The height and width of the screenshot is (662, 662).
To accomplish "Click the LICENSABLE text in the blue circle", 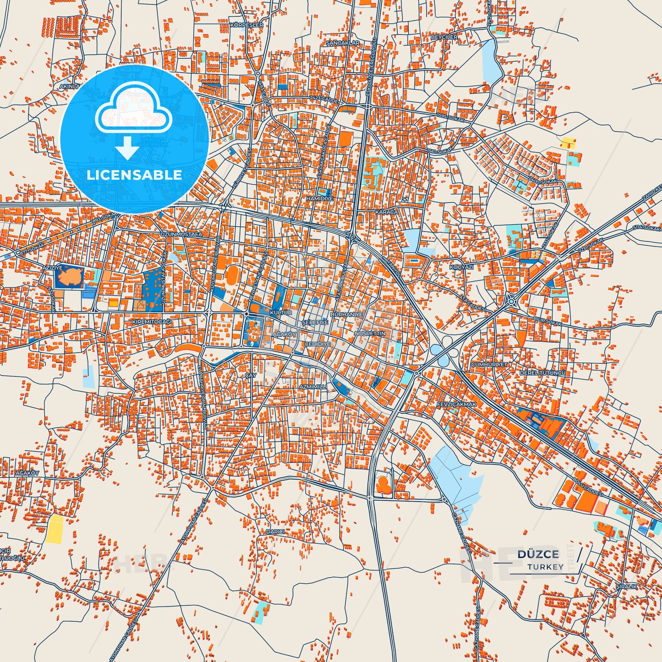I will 134,175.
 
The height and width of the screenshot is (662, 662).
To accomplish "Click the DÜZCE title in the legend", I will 538,554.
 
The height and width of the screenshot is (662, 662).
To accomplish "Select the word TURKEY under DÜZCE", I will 545,567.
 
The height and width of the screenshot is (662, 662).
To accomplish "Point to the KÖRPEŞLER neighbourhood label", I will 248,25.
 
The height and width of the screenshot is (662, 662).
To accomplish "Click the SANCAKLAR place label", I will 343,43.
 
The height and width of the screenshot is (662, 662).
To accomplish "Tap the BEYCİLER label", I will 444,37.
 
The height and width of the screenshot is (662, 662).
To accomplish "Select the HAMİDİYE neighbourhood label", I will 320,199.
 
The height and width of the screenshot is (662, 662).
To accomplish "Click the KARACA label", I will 387,212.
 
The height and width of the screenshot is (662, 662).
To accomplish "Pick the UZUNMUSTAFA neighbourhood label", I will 181,235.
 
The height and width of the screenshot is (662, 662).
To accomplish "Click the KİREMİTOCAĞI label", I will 152,322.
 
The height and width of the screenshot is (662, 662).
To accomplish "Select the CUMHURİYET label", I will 490,365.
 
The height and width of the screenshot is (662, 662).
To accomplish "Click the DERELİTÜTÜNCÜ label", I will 542,373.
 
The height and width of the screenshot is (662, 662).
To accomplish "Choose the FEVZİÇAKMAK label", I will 456,405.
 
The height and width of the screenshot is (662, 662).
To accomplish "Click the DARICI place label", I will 275,532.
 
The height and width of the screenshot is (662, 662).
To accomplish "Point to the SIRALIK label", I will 626,586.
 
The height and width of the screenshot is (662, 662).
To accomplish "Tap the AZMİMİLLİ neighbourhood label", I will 313,387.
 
